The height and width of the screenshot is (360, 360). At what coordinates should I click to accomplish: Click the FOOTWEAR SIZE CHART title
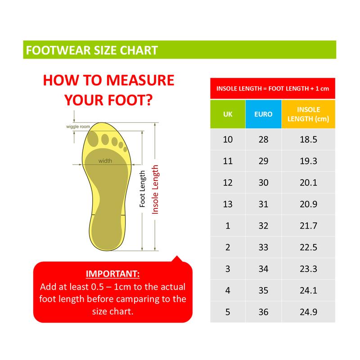point(92,50)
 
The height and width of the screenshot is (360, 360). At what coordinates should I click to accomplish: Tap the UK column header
point(228,114)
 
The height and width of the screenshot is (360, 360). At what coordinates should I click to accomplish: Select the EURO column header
point(263,114)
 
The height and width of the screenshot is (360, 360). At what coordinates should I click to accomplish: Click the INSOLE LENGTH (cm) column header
point(308,114)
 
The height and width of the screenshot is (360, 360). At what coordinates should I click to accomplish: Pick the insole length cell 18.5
point(308,139)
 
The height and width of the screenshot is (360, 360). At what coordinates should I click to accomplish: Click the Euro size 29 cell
point(263,161)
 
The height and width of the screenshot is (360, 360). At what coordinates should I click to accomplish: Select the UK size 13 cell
point(228,204)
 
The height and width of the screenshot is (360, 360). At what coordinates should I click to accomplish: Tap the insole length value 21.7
point(308,226)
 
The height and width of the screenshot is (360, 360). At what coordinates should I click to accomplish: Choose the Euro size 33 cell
point(263,247)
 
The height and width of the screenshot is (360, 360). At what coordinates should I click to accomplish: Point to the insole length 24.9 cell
point(308,312)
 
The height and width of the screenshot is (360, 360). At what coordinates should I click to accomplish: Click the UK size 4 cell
point(228,290)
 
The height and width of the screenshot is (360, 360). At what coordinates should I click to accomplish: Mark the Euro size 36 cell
point(263,312)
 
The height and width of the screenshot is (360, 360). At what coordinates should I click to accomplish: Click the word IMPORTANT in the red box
point(112,274)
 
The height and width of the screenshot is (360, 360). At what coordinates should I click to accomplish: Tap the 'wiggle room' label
point(78,126)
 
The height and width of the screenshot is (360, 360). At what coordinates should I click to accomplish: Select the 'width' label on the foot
point(105,161)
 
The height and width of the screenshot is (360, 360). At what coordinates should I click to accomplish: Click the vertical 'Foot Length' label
point(142,189)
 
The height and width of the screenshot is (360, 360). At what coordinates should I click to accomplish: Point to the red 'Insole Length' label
point(155,189)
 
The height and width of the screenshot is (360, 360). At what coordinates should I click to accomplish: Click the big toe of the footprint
point(93,139)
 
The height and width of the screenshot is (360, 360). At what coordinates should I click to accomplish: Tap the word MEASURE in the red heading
point(140,81)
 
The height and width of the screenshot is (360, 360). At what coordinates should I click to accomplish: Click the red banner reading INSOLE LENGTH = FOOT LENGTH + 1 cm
point(273,88)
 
